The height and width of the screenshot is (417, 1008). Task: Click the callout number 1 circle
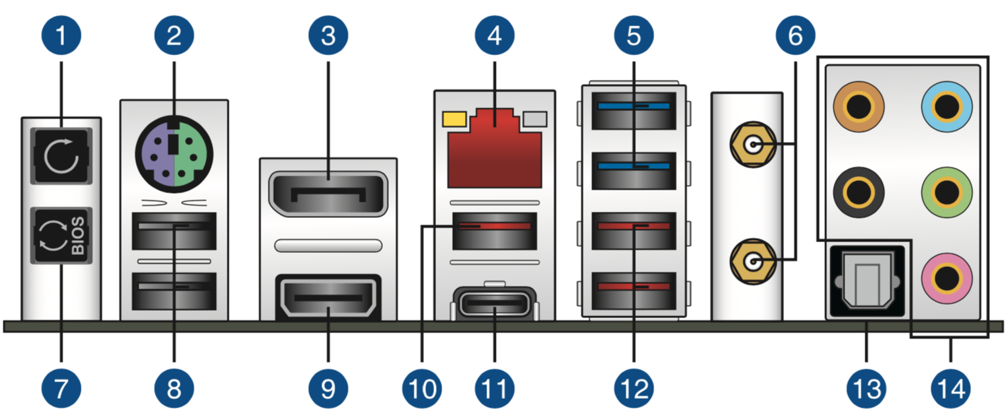click(61, 36)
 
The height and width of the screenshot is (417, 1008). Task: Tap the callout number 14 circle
click(950, 389)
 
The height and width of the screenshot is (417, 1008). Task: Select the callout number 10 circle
click(422, 389)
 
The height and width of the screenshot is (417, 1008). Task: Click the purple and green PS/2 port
click(174, 154)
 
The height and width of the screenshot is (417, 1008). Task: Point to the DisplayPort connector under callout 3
click(328, 194)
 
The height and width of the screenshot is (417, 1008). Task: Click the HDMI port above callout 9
click(328, 297)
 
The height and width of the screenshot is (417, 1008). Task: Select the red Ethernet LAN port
click(495, 148)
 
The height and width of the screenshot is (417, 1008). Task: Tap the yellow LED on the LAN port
click(454, 119)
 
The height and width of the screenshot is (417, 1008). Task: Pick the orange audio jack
click(859, 107)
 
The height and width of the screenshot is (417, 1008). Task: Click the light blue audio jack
click(947, 107)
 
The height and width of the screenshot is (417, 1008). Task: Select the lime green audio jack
click(947, 192)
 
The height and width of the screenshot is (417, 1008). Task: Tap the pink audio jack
click(947, 278)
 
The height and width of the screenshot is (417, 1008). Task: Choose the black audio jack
click(859, 192)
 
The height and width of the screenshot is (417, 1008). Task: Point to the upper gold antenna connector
click(753, 145)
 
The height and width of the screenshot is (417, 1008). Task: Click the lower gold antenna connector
click(753, 262)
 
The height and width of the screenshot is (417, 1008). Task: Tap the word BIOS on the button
click(78, 235)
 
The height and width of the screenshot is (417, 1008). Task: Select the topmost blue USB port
click(634, 111)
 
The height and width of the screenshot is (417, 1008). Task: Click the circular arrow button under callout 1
click(61, 156)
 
